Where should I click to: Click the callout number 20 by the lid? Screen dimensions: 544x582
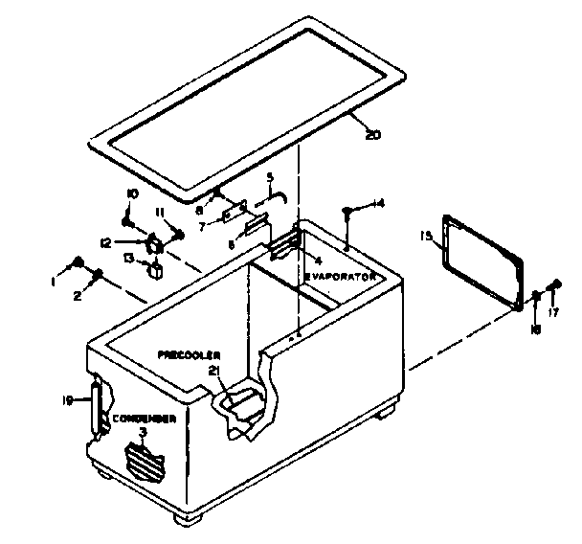373,135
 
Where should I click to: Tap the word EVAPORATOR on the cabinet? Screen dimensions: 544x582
340,277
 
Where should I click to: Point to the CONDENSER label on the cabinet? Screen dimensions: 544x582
144,419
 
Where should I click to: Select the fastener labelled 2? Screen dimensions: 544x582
98,277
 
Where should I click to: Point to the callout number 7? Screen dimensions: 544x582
202,225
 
